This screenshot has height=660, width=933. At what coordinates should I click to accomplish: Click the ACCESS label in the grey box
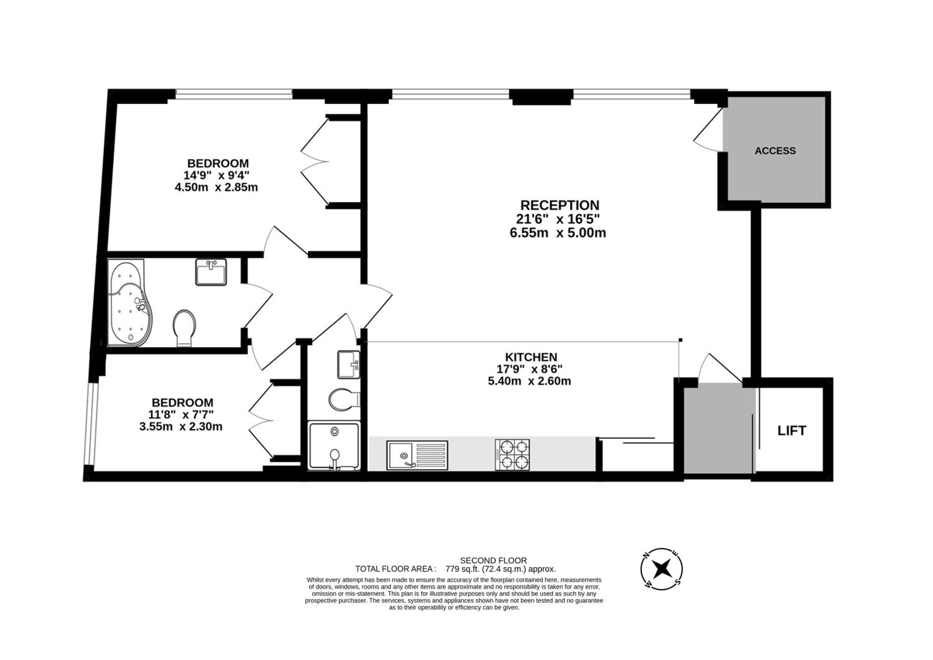[775, 151]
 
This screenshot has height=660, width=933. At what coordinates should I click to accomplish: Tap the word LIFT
[791, 431]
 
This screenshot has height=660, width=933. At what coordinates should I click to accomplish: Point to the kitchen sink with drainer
[417, 455]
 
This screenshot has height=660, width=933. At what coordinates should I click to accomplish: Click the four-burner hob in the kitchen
[512, 455]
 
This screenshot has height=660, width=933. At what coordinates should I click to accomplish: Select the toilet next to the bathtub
[184, 328]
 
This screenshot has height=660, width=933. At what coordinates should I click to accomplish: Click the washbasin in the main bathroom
[211, 272]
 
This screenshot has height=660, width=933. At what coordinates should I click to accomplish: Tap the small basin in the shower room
[349, 365]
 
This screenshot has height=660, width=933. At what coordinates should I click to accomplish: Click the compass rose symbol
[661, 568]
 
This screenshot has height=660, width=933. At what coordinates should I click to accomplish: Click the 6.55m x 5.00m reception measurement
[558, 233]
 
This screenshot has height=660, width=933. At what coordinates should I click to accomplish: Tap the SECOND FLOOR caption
[493, 560]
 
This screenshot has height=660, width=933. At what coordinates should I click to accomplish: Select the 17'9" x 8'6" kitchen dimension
[530, 369]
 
